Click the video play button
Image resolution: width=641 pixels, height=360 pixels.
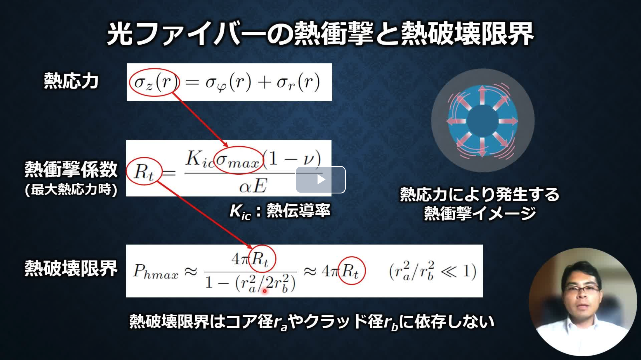click(320, 179)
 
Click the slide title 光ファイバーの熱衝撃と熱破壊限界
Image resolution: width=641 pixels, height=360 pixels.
click(320, 34)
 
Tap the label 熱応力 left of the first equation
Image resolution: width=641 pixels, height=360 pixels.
click(71, 81)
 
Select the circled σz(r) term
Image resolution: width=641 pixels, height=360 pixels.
click(154, 82)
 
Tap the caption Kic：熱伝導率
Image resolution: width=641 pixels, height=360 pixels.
click(280, 211)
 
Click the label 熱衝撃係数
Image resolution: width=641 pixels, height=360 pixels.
click(71, 169)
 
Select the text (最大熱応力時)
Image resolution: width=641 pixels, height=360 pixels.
click(71, 190)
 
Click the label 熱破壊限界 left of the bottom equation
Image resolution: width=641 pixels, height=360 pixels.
click(71, 268)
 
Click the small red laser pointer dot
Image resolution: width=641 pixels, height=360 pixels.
click(264, 291)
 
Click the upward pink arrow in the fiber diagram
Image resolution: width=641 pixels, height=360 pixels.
click(482, 95)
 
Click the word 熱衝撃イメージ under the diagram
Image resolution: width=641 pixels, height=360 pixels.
click(480, 214)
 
